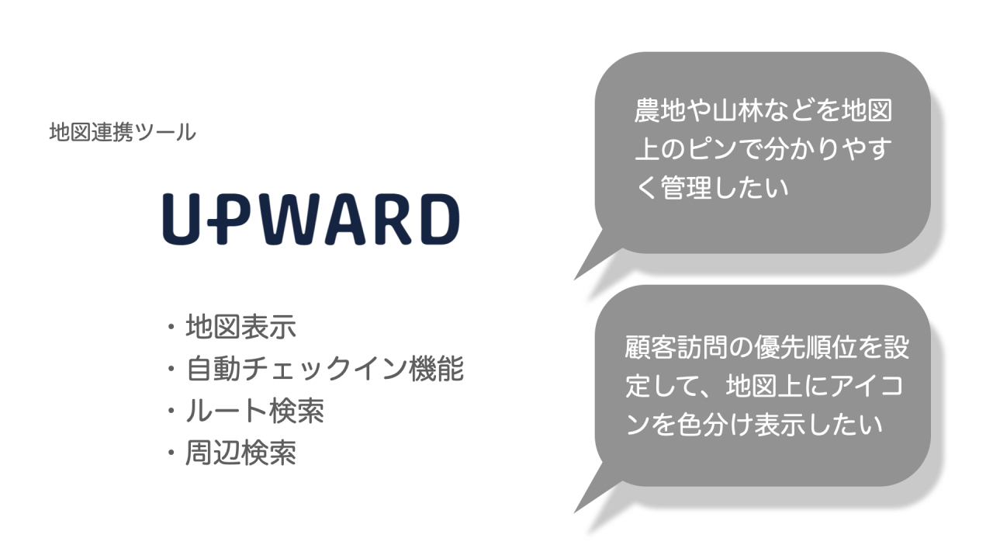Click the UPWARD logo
[x=311, y=219]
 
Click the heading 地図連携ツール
[x=123, y=132]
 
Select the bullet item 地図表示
[x=240, y=327]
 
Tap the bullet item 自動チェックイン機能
[x=324, y=369]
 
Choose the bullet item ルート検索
[x=255, y=411]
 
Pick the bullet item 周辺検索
[x=240, y=453]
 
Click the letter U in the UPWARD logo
[x=182, y=219]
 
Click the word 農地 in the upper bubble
[x=660, y=110]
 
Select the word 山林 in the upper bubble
[x=738, y=110]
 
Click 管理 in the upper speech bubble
[x=687, y=187]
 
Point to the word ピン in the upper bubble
[x=712, y=148]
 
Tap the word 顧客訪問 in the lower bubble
[x=676, y=347]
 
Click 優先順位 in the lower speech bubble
[x=805, y=347]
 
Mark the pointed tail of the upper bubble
[x=575, y=279]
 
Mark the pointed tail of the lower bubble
[x=575, y=512]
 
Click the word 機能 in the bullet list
[x=436, y=369]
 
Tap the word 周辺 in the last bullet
[x=213, y=453]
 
